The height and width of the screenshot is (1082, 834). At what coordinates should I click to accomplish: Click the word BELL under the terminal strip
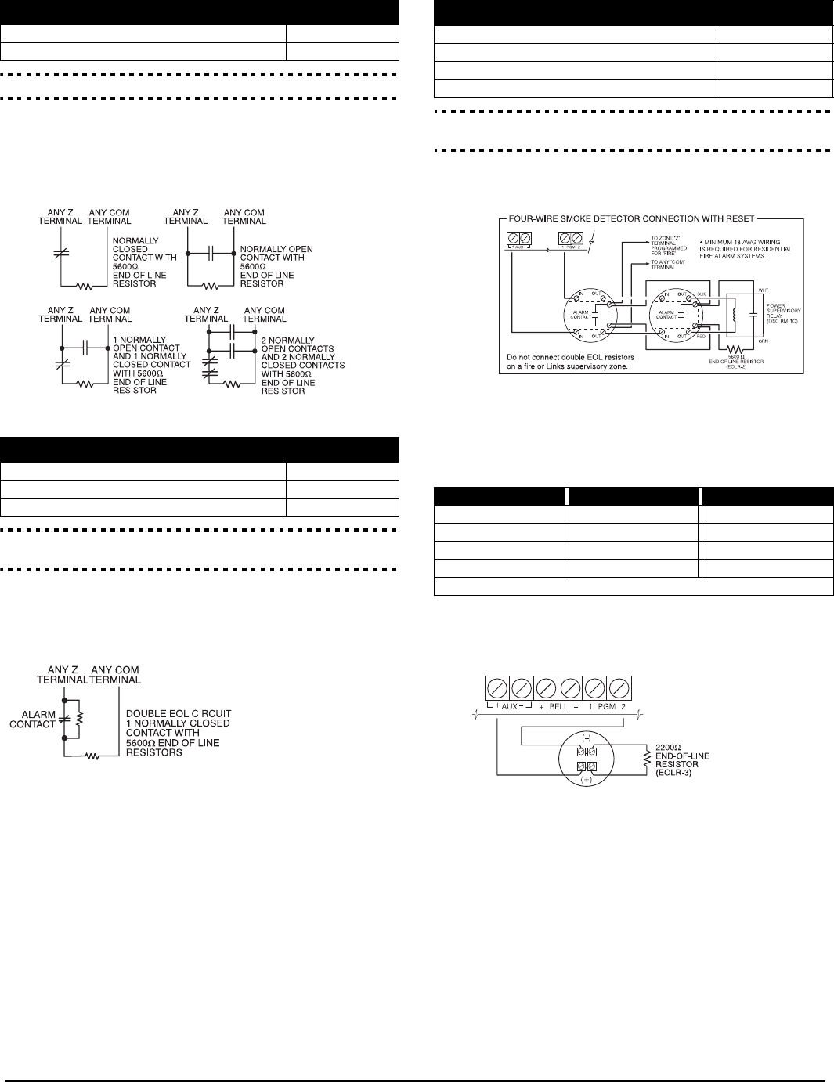tap(558, 705)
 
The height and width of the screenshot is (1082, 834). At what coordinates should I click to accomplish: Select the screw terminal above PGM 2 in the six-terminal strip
tap(620, 688)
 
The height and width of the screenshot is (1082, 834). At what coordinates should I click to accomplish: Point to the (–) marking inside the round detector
tap(587, 738)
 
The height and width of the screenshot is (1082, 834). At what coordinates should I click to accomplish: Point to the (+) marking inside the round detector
tap(587, 779)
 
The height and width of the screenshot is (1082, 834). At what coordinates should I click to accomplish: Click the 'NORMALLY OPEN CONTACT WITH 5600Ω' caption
tap(276, 254)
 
